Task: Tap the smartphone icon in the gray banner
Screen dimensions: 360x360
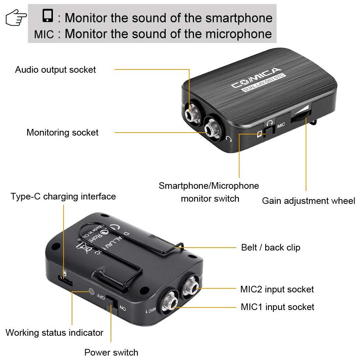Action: pyautogui.click(x=48, y=16)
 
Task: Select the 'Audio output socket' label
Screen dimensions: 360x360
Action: pyautogui.click(x=55, y=70)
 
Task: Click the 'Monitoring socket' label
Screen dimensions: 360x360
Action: pyautogui.click(x=62, y=133)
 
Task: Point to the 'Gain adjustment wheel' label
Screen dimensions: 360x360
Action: pyautogui.click(x=309, y=201)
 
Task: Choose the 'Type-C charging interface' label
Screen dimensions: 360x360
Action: pyautogui.click(x=63, y=197)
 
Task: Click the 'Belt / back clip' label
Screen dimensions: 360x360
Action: pyautogui.click(x=271, y=248)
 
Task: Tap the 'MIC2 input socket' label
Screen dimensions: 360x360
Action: pyautogui.click(x=277, y=289)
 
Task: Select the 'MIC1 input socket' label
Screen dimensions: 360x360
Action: pyautogui.click(x=277, y=307)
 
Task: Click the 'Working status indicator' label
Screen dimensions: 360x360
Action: pyautogui.click(x=54, y=333)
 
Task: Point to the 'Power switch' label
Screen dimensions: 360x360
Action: pyautogui.click(x=111, y=352)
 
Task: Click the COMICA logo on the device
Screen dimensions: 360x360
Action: pyautogui.click(x=256, y=79)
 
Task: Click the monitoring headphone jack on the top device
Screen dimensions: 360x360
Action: pyautogui.click(x=212, y=129)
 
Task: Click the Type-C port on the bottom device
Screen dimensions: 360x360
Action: pyautogui.click(x=67, y=283)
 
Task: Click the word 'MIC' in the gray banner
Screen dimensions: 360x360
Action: pyautogui.click(x=44, y=35)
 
